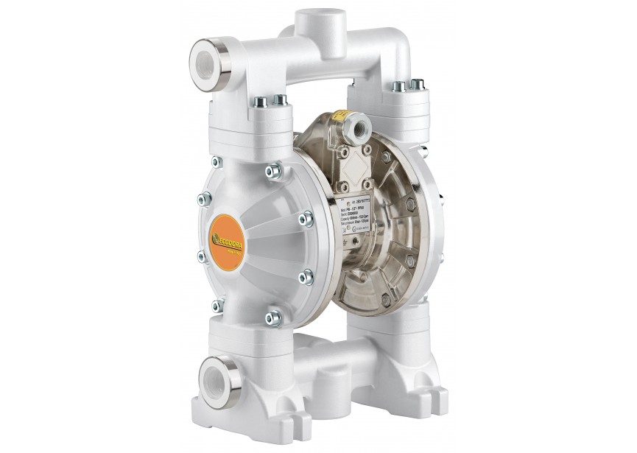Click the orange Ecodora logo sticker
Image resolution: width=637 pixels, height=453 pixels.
[x=228, y=233]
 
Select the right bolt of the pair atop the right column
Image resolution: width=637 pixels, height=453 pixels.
[x=421, y=88]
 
